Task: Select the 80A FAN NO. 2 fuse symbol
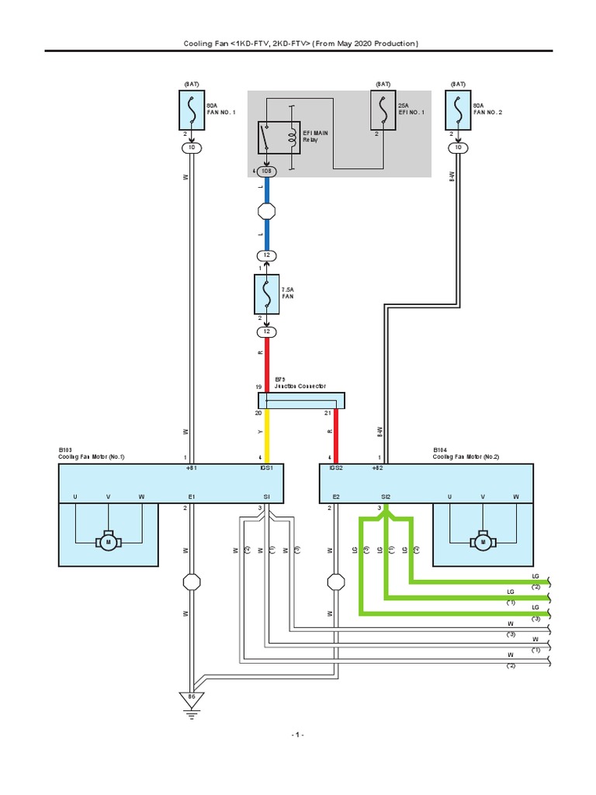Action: tap(459, 109)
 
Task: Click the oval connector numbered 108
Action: tap(267, 171)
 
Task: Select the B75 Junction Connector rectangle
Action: tap(301, 400)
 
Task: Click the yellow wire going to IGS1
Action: tap(267, 435)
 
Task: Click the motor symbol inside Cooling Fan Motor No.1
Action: tap(109, 540)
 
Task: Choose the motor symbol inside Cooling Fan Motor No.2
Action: tap(483, 540)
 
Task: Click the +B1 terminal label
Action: tap(192, 469)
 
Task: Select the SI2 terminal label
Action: tap(386, 496)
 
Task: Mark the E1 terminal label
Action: tap(192, 496)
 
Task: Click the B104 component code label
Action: tap(439, 450)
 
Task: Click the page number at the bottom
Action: tap(298, 734)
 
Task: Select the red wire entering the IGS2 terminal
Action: tap(336, 435)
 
